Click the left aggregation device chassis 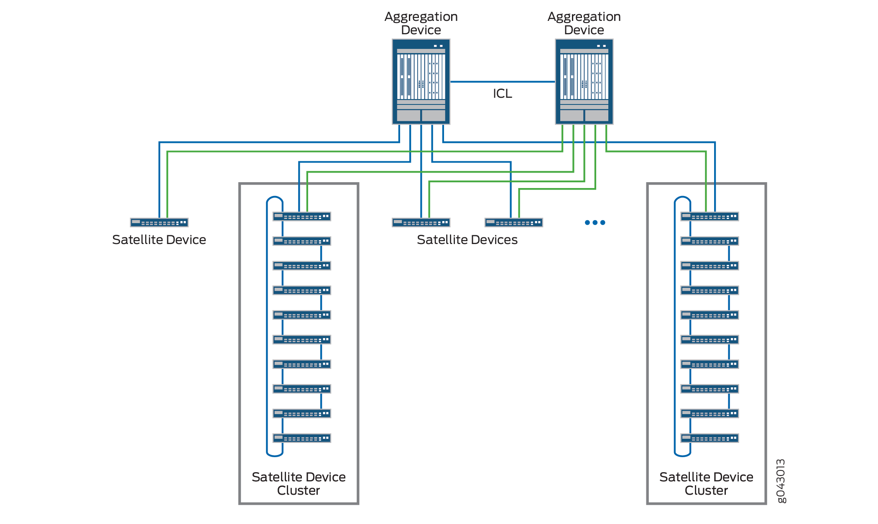tap(421, 82)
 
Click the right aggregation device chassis tap(584, 82)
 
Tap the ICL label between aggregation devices tap(502, 94)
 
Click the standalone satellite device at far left tap(159, 223)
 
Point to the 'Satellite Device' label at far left tap(159, 240)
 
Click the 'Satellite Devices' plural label tap(467, 240)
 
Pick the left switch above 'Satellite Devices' tap(421, 223)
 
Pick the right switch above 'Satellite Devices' tap(514, 223)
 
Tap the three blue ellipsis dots tap(595, 223)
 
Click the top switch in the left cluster tap(302, 216)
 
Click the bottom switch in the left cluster tap(302, 438)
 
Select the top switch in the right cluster tap(710, 216)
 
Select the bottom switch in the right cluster tap(710, 438)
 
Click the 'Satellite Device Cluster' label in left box tap(299, 483)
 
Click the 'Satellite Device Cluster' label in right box tap(706, 483)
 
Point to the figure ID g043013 tap(781, 481)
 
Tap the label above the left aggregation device tap(421, 23)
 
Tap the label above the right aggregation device tap(584, 23)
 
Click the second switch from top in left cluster tap(302, 241)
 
